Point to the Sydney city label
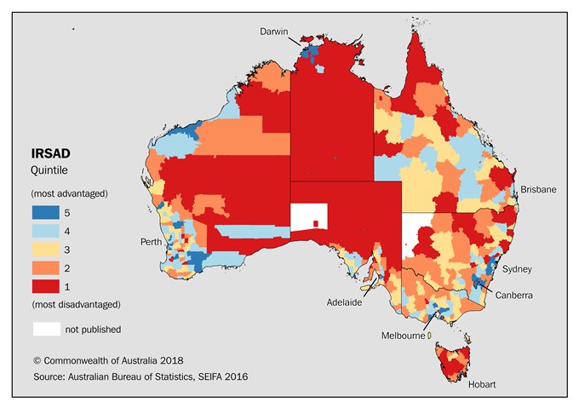[x=517, y=269]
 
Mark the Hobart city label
[x=482, y=385]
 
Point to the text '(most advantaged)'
[x=69, y=193]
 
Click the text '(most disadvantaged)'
[x=76, y=304]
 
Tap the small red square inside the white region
[x=315, y=223]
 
